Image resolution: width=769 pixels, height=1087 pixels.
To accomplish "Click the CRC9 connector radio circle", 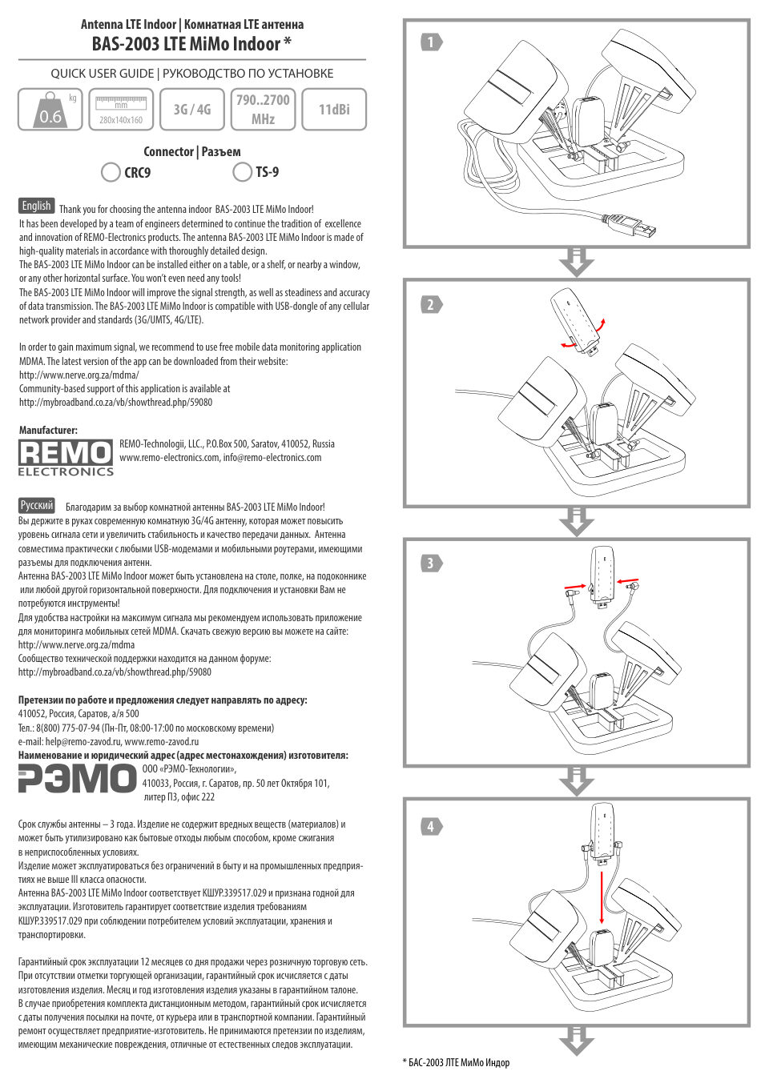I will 111,172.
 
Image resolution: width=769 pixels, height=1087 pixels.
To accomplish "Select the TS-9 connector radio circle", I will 242,172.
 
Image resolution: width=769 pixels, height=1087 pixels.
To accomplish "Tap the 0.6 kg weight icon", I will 50,110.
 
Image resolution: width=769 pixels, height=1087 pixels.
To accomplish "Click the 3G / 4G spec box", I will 192,110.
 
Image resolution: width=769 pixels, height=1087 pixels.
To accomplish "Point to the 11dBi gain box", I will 334,110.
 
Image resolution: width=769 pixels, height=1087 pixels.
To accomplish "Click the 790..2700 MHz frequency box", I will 263,110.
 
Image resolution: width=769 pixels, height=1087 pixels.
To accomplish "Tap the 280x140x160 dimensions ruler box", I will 121,110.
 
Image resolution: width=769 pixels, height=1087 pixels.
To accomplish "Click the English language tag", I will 36,206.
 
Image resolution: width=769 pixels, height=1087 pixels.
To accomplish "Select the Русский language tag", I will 37,505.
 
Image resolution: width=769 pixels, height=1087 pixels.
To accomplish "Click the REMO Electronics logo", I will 66,458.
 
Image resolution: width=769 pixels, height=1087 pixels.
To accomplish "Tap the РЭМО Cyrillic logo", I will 77,779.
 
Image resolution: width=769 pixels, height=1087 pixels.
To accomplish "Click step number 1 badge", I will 431,42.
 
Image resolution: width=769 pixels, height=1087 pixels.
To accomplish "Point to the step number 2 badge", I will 431,304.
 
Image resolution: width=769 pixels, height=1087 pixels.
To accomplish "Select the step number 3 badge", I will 431,564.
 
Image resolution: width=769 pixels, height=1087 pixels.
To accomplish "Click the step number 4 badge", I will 431,826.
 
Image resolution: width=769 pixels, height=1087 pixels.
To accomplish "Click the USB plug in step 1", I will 638,227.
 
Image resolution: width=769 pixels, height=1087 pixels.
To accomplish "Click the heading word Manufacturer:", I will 48,430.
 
